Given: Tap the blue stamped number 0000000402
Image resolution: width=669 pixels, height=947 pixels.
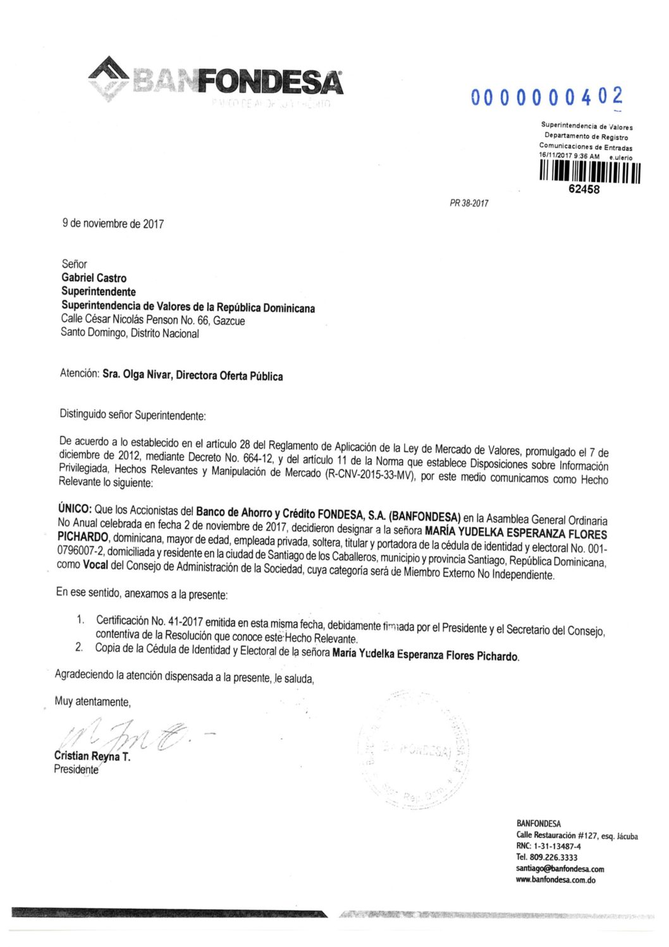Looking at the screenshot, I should [546, 97].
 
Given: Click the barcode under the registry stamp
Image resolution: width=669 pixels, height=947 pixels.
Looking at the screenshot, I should [590, 172].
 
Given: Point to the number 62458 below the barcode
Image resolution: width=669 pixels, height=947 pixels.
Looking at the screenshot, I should [584, 189].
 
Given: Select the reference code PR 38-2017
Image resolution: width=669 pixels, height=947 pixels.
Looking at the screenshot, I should [469, 203].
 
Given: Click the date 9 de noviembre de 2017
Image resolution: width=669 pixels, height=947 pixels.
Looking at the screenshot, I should [113, 223].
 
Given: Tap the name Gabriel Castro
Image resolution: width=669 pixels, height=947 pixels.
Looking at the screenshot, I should [94, 278].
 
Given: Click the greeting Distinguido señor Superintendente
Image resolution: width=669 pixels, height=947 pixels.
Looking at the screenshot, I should [133, 415].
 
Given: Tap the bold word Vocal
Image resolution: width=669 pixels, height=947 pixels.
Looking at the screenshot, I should [95, 564].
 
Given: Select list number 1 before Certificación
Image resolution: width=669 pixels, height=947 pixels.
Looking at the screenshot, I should [80, 619].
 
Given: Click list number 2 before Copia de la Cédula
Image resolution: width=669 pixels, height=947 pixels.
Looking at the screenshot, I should [79, 647].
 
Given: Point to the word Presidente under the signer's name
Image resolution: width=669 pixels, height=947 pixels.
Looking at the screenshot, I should [76, 769].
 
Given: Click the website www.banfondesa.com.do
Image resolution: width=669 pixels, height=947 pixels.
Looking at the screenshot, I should [555, 879].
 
